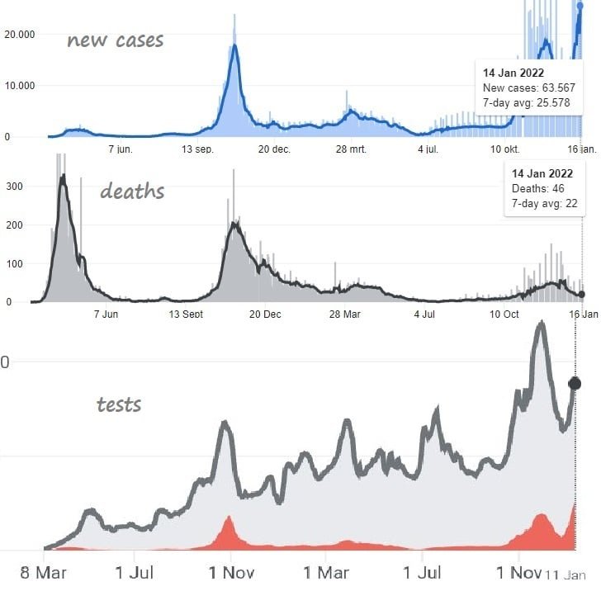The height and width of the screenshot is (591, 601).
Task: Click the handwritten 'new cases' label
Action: point(115,40)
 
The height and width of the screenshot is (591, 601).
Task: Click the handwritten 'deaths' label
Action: point(132,191)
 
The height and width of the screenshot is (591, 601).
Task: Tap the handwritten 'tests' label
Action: point(119,404)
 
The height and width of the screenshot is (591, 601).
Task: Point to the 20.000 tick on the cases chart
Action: point(20,34)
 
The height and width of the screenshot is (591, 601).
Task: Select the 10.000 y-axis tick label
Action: point(20,85)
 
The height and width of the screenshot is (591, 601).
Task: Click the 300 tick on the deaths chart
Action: point(13,187)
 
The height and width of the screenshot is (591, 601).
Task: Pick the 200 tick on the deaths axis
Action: point(13,225)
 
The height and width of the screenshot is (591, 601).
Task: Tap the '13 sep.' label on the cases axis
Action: point(198,149)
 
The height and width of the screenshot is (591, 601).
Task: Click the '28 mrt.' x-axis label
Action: point(351,149)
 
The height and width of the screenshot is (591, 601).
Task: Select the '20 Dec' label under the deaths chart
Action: point(266,314)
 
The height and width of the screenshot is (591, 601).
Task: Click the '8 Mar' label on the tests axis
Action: point(43,572)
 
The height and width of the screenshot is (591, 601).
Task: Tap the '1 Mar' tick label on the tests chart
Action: point(326,572)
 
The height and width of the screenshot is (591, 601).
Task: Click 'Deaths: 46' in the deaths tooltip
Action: point(536,189)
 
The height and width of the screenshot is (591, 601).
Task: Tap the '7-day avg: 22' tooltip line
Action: point(544,203)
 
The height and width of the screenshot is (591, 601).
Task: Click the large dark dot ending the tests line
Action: point(575,383)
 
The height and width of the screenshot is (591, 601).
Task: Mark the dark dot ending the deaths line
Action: point(581,294)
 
